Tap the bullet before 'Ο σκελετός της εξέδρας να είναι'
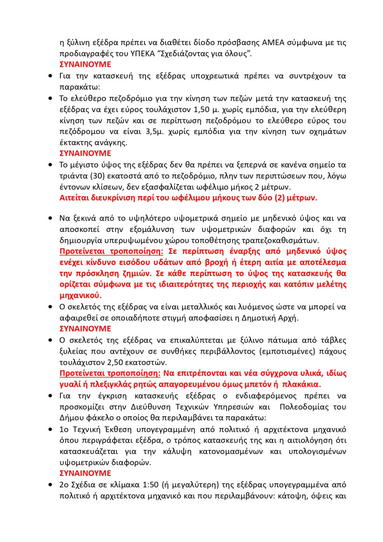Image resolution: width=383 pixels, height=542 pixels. [x=51, y=307]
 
